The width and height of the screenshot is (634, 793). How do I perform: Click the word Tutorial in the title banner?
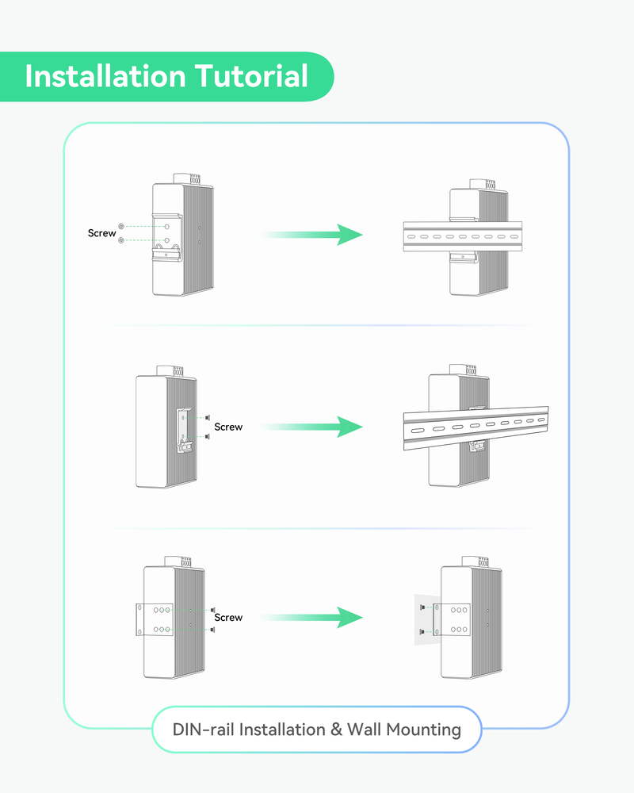pos(251,77)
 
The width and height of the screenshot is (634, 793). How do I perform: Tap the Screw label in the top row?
pos(101,233)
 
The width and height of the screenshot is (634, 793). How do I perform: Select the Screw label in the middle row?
pos(228,427)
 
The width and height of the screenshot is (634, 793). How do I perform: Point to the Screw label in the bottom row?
pos(228,617)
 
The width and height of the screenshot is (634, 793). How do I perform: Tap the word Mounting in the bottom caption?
pos(423,730)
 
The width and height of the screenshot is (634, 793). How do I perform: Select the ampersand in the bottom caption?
pos(334,730)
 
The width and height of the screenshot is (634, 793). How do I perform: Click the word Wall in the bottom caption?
pos(363,730)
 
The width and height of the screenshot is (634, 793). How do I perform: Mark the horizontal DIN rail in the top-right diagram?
pos(463,236)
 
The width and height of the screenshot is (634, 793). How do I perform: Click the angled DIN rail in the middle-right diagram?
pos(475,429)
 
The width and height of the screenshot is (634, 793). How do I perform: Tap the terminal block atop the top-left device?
pos(186,178)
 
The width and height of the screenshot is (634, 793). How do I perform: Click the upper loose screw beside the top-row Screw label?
pos(120,226)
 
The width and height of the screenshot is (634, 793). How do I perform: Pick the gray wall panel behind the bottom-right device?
pos(422,619)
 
